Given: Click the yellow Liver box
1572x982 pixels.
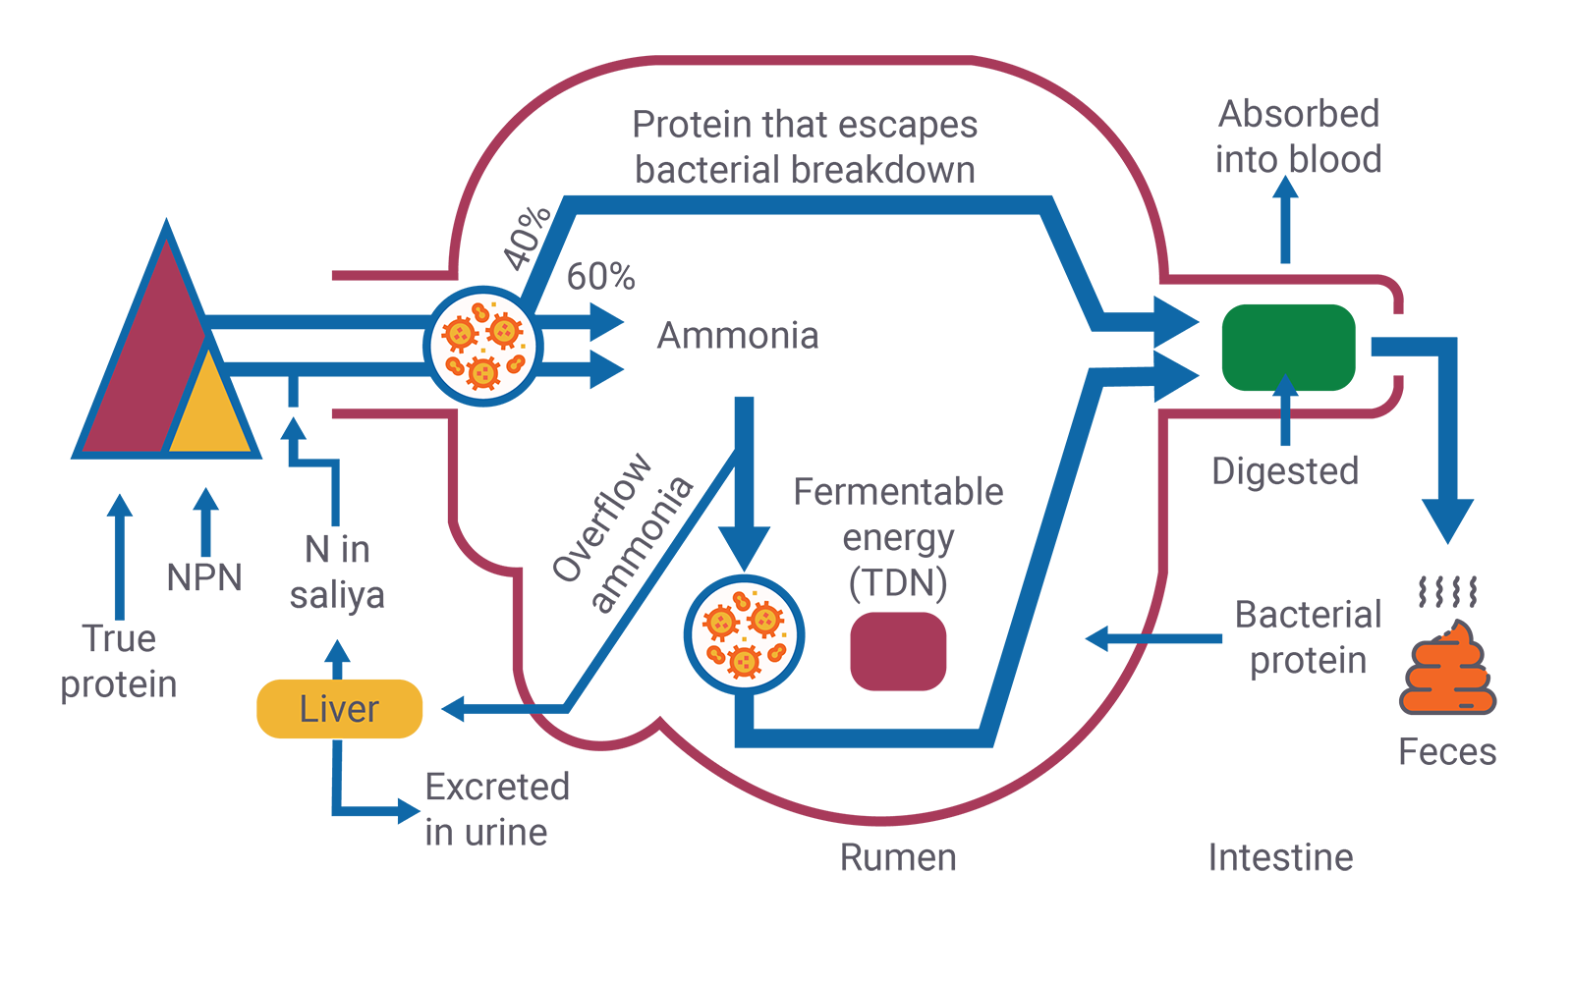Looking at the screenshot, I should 339,708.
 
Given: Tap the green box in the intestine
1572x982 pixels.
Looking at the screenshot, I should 1288,347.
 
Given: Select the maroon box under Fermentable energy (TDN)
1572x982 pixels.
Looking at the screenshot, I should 898,650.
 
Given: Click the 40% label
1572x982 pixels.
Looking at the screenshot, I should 528,238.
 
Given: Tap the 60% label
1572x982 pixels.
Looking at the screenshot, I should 600,277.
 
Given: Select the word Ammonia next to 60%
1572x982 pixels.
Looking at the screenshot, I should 737,336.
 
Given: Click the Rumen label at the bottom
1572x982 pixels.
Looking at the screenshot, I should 898,857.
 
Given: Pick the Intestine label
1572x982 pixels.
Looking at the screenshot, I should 1280,857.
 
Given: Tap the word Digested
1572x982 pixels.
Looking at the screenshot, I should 1285,471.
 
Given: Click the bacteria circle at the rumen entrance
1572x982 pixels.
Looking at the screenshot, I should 482,346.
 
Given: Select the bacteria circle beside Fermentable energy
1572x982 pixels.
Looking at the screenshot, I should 744,633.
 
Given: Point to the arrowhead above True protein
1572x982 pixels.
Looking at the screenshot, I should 120,505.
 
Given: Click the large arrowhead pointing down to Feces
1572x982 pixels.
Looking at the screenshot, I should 1446,520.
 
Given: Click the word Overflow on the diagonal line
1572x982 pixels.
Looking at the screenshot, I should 601,518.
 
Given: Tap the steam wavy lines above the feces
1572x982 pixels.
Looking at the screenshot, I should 1447,591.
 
